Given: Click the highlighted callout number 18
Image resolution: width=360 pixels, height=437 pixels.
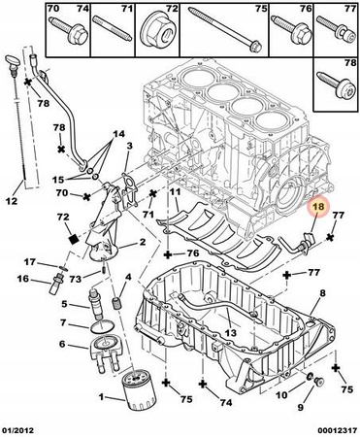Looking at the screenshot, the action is point(316,207).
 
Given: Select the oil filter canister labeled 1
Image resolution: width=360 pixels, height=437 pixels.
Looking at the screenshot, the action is point(140,390).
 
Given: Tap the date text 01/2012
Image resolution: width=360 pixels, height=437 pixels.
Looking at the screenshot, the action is point(17,430).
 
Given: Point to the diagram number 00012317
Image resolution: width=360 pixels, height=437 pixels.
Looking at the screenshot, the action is point(337,430).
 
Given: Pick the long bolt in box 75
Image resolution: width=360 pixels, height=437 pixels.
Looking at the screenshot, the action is point(225,29).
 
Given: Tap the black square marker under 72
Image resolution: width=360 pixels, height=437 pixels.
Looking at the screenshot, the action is point(74,239).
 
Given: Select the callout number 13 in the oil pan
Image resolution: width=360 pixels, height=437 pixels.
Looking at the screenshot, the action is point(231,332).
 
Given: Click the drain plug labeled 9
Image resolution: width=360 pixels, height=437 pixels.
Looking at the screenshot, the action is point(320,383).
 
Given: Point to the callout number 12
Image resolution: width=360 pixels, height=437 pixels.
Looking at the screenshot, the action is point(12,201).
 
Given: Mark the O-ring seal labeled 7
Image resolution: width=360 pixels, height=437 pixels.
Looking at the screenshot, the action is point(102,327).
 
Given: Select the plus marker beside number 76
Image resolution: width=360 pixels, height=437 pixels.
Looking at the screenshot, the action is point(168,255).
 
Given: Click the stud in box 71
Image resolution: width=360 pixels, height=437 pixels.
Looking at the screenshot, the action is point(112,29).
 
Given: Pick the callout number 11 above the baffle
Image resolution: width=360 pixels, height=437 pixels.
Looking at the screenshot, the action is point(175,192).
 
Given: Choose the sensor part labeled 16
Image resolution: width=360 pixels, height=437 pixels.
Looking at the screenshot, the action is point(55,285).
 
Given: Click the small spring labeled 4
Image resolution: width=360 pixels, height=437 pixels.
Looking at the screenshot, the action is point(116,303).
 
